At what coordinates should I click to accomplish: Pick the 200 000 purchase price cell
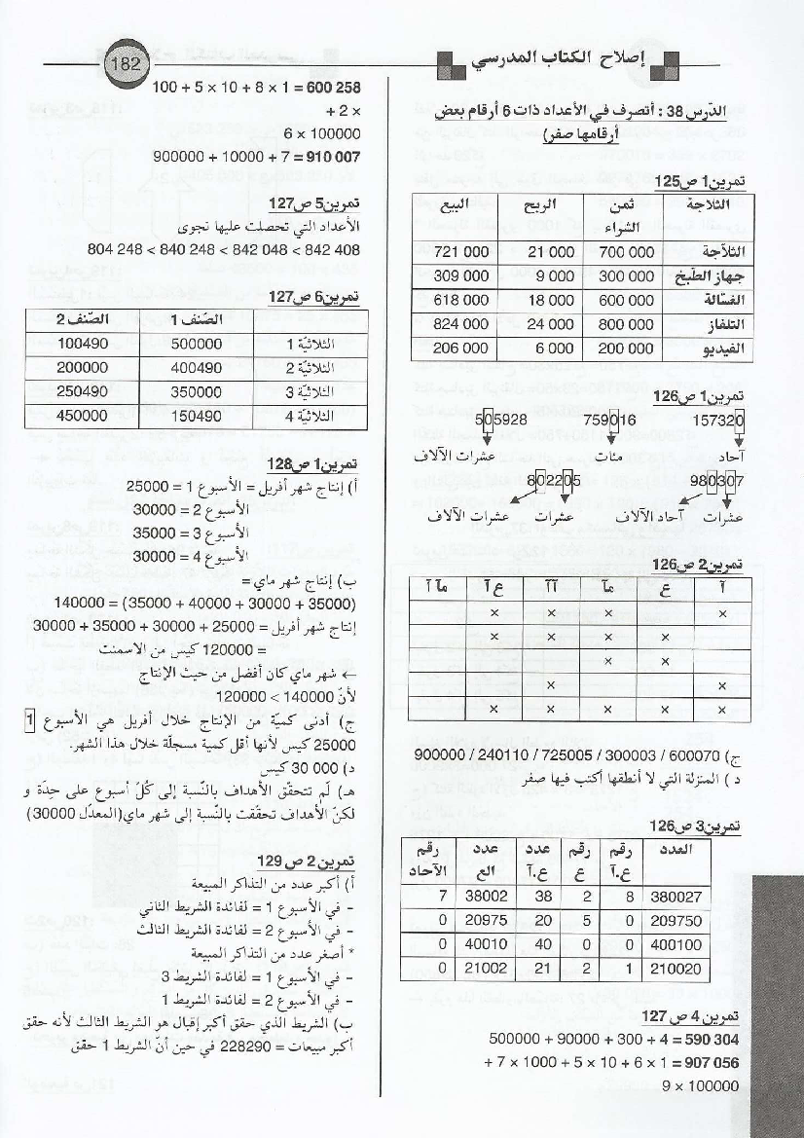point(626,348)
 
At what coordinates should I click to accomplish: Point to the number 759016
point(611,422)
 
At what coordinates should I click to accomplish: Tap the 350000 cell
point(197,391)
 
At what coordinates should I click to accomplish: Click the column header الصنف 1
point(197,319)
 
